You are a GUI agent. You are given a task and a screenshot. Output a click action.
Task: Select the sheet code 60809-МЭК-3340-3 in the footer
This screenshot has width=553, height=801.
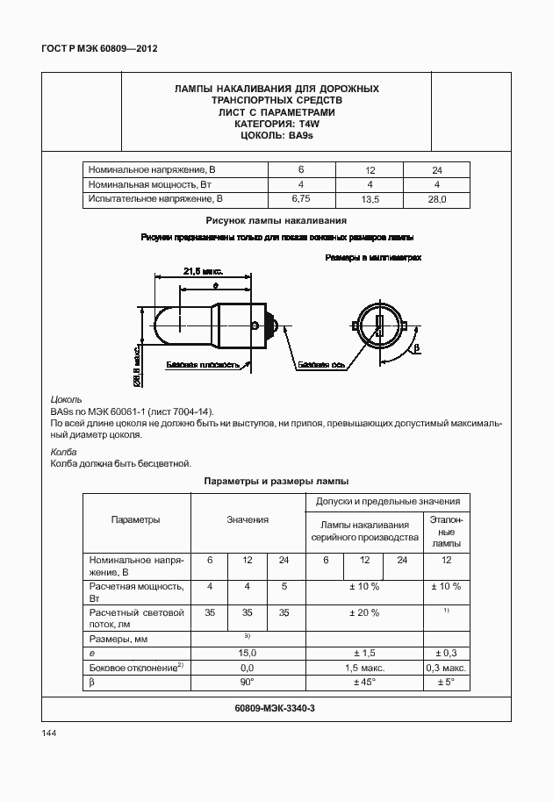click(x=276, y=708)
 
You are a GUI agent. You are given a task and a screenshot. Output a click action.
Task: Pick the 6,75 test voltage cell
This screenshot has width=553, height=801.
click(x=301, y=200)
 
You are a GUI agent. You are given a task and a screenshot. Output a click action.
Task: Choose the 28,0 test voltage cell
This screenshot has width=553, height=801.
click(x=436, y=200)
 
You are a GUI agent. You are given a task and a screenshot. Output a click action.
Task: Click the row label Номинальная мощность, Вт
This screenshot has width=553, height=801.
click(x=151, y=184)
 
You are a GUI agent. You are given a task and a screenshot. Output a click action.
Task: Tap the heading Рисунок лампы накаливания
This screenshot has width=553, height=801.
click(x=276, y=220)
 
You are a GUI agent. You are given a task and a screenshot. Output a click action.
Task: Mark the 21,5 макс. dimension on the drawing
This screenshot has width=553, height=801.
click(x=204, y=272)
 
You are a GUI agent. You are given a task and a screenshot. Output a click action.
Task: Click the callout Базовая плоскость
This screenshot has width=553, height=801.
click(x=202, y=364)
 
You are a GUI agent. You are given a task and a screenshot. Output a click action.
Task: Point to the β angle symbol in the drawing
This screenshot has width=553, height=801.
click(x=418, y=348)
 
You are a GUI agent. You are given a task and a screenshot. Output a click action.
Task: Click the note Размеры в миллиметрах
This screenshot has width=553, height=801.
click(x=373, y=258)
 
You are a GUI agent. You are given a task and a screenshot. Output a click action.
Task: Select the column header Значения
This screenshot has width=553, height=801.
click(x=248, y=520)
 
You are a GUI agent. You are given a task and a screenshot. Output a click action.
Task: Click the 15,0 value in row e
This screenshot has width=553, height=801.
click(x=248, y=653)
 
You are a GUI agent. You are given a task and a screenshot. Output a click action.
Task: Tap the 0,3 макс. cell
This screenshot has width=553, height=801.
click(x=446, y=668)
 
